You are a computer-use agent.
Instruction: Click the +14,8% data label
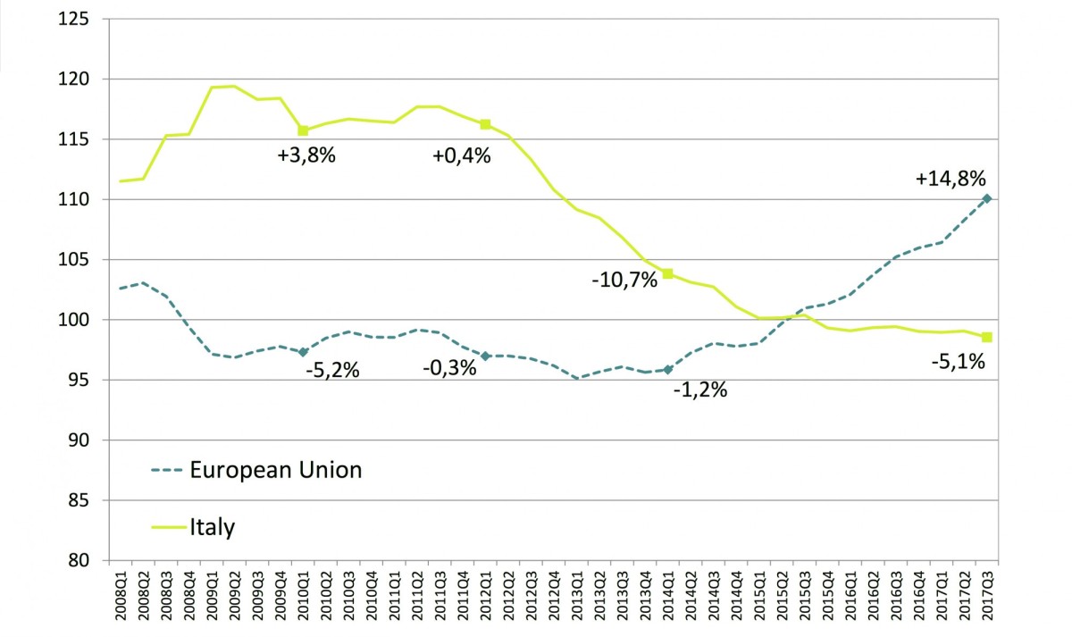tap(951, 178)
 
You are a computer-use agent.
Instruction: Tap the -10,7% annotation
tap(624, 279)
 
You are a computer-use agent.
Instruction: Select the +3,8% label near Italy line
tap(306, 155)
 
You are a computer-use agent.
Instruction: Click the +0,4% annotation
tap(461, 155)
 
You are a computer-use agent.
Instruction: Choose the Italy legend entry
tap(212, 527)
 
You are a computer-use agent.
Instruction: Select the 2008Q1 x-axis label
tap(121, 597)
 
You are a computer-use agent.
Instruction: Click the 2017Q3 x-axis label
tap(987, 597)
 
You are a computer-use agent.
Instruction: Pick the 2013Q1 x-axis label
tap(577, 597)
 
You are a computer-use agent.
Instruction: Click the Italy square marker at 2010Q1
tap(303, 130)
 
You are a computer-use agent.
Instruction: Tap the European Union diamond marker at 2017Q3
tap(986, 198)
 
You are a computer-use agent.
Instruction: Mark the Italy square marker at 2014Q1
tap(667, 273)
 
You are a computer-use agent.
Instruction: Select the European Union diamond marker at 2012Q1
tap(485, 356)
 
